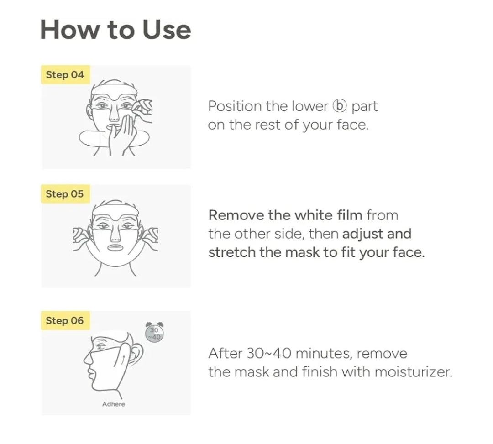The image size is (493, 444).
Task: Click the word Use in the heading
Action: (166, 30)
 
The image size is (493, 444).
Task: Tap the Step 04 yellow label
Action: (65, 75)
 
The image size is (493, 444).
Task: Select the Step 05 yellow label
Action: (65, 194)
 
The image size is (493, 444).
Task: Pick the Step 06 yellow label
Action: (65, 320)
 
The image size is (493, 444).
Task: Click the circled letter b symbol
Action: (340, 106)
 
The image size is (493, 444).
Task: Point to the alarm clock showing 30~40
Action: (154, 333)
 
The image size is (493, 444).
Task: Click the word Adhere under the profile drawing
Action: (114, 404)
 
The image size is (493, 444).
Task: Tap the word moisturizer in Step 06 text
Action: (414, 372)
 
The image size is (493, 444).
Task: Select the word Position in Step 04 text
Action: (235, 106)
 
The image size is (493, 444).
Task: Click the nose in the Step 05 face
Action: (115, 234)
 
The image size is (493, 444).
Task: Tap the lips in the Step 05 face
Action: (115, 247)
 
